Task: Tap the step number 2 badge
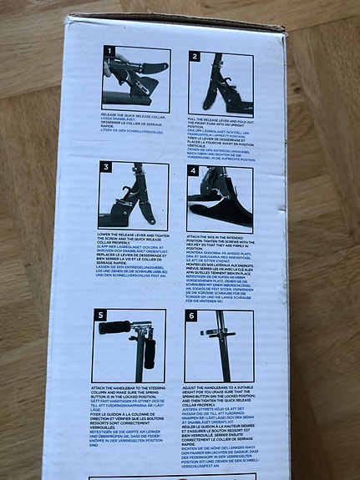(x=193, y=58)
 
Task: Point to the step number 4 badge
(x=193, y=170)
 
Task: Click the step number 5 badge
(x=101, y=316)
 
